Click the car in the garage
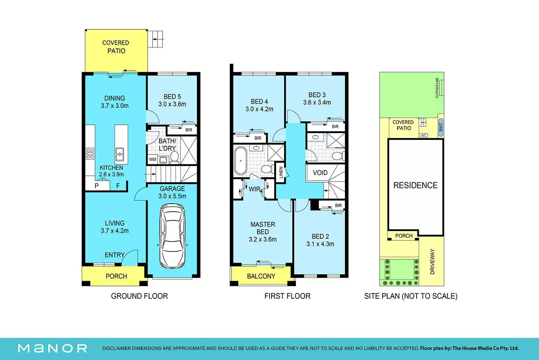click(x=172, y=236)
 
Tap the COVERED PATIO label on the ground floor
click(x=116, y=47)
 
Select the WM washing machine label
click(x=153, y=159)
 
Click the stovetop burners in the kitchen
click(x=90, y=154)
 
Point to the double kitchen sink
click(x=120, y=154)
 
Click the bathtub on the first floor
click(x=241, y=161)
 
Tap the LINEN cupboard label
click(x=281, y=173)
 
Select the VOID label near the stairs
click(x=320, y=173)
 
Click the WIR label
click(x=254, y=189)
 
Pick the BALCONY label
click(x=261, y=276)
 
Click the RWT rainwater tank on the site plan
click(x=441, y=127)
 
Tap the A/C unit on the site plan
click(x=424, y=135)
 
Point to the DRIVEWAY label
click(x=433, y=262)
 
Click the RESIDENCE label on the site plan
click(x=415, y=185)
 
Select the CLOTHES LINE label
click(x=437, y=88)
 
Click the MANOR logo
click(x=53, y=349)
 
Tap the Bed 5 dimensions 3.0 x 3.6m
click(x=172, y=104)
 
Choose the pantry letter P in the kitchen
click(x=97, y=186)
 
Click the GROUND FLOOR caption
click(x=139, y=296)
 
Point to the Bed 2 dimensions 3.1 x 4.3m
click(x=320, y=244)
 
